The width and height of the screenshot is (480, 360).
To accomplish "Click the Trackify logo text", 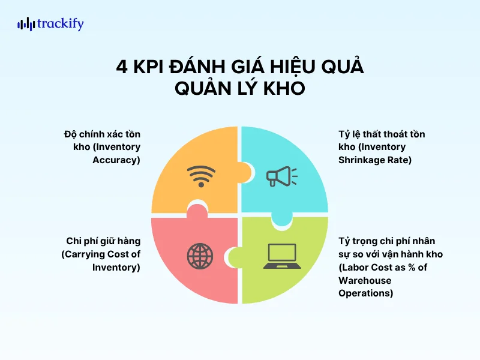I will coord(60,25).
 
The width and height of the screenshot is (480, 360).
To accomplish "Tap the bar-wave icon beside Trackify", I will coord(26,25).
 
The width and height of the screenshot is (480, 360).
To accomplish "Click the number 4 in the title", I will coord(122,67).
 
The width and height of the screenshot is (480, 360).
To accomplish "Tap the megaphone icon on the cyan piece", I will coord(281,175).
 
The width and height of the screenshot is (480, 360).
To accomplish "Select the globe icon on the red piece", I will coord(200,255).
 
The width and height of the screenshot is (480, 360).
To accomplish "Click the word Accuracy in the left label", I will coord(116,160).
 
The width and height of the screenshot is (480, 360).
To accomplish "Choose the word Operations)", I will coord(366,293).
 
